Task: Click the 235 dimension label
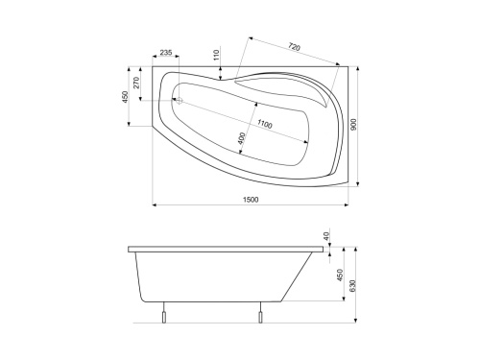(x=166, y=53)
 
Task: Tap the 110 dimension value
(x=217, y=56)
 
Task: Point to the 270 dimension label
(x=137, y=84)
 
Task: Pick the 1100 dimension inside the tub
(x=264, y=125)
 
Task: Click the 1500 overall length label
(x=251, y=199)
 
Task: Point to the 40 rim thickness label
(x=326, y=236)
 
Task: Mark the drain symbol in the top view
(x=178, y=99)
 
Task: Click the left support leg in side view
(x=164, y=317)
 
